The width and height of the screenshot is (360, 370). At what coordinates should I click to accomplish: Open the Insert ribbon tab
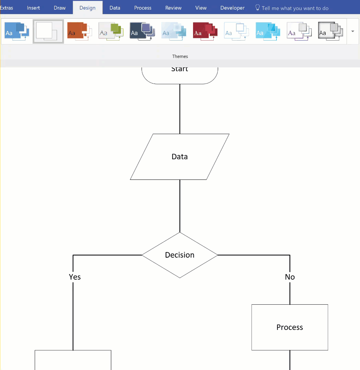[x=33, y=8]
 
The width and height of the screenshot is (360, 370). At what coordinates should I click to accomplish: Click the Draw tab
[x=60, y=8]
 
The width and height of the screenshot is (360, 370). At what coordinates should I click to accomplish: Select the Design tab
[x=87, y=8]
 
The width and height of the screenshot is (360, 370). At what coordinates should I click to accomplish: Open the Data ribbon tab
[x=115, y=8]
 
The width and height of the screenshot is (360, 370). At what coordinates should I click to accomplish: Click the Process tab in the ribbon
[x=143, y=8]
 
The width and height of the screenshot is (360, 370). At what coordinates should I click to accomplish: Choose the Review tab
[x=173, y=8]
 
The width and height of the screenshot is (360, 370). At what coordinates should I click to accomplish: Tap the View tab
[x=201, y=8]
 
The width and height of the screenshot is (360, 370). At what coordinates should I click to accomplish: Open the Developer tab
[x=233, y=8]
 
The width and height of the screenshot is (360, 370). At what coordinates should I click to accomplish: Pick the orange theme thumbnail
[x=79, y=31]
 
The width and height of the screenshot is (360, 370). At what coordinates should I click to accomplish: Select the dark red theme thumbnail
[x=205, y=31]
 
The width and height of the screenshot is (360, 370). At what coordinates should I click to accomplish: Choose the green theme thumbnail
[x=111, y=31]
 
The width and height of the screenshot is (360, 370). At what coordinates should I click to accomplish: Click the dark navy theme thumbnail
[x=142, y=31]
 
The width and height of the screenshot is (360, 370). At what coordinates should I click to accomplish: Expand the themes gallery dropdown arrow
[x=352, y=31]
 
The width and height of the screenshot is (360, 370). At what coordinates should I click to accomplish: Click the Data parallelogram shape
[x=180, y=157]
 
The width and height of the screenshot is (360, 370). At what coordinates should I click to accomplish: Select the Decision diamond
[x=180, y=255]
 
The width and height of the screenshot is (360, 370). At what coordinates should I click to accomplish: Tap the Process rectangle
[x=290, y=327]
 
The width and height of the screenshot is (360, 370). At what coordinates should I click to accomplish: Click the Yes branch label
[x=75, y=277]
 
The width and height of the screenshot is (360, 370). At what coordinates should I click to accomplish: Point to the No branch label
[x=290, y=277]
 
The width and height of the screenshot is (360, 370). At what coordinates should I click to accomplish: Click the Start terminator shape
[x=180, y=74]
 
